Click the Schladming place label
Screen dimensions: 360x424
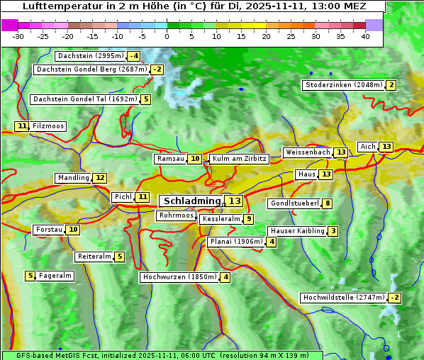189,201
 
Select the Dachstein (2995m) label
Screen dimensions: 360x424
90,56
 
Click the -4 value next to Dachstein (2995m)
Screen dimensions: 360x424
134,56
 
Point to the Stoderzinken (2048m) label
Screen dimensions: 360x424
343,85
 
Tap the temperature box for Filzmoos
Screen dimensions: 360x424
22,126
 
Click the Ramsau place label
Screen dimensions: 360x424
170,159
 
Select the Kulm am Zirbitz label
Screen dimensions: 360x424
239,159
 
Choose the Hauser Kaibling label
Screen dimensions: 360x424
297,231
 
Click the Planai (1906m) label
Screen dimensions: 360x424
235,242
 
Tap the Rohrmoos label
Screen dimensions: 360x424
176,215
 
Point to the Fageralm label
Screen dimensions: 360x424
55,276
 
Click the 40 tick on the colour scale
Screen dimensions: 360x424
365,36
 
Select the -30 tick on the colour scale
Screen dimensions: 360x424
18,36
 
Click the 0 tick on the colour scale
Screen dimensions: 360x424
167,36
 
